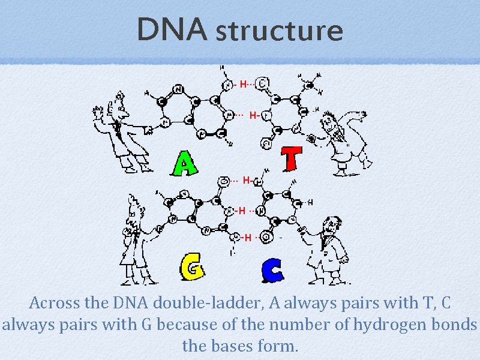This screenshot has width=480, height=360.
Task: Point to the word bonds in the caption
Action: coord(457,325)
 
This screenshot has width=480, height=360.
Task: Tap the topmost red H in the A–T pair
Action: coord(243,84)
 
